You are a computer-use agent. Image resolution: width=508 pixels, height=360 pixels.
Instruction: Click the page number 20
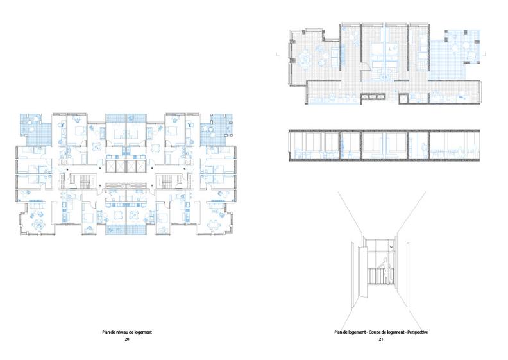pyautogui.click(x=127, y=339)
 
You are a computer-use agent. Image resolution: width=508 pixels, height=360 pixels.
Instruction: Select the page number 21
pyautogui.click(x=381, y=339)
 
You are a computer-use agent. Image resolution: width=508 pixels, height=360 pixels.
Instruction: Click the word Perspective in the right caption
pyautogui.click(x=418, y=332)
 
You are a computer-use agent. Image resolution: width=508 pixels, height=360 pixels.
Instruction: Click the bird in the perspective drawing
pyautogui.click(x=393, y=247)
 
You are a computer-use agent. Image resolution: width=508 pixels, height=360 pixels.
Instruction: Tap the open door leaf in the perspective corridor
pyautogui.click(x=363, y=271)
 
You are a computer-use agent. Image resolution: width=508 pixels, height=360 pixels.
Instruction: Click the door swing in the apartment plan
pyautogui.click(x=366, y=67)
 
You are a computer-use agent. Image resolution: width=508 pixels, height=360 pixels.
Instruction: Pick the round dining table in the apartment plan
pyautogui.click(x=305, y=59)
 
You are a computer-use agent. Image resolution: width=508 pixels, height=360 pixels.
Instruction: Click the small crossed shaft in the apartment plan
pyautogui.click(x=403, y=99)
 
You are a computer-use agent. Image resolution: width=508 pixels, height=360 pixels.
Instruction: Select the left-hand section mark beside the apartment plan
pyautogui.click(x=277, y=54)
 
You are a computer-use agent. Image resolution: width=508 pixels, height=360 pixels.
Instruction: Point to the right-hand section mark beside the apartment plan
pyautogui.click(x=484, y=54)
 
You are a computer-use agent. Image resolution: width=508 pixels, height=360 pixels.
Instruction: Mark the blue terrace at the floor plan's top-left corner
pyautogui.click(x=35, y=130)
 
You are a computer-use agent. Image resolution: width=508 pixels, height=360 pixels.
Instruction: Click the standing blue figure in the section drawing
pyautogui.click(x=423, y=150)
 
